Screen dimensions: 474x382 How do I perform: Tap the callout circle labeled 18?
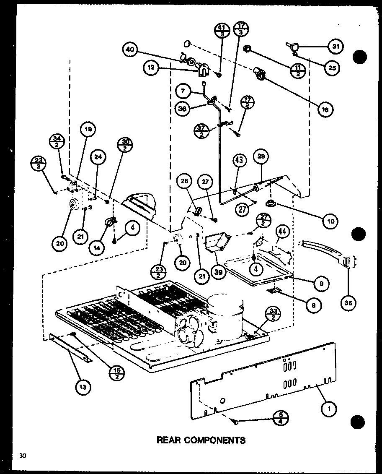click(326, 110)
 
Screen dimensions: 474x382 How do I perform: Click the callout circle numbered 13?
click(83, 387)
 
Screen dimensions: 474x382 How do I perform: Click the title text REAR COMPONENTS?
click(201, 440)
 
